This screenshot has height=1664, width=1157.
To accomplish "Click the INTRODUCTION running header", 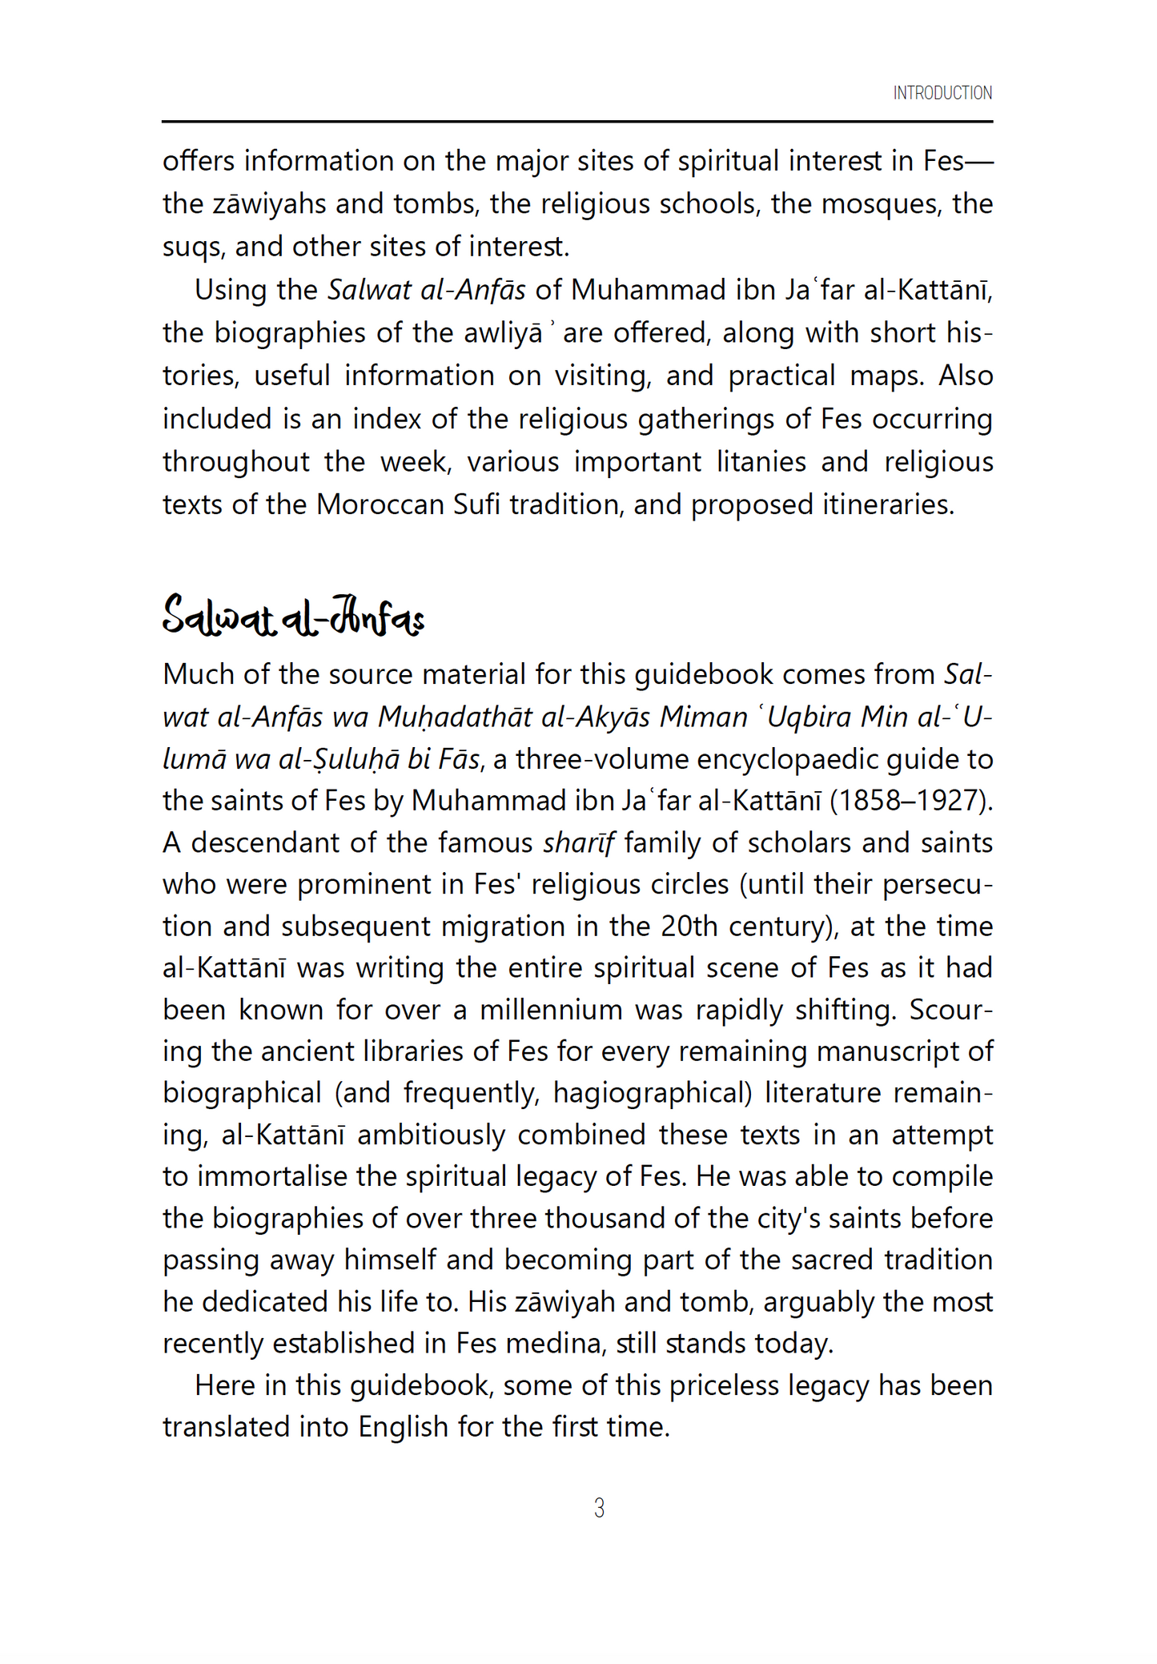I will pos(942,93).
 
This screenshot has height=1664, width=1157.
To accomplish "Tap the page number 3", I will pos(599,1509).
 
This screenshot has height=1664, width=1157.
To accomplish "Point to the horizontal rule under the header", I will pos(577,122).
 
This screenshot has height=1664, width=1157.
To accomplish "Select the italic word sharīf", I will pos(578,842).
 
